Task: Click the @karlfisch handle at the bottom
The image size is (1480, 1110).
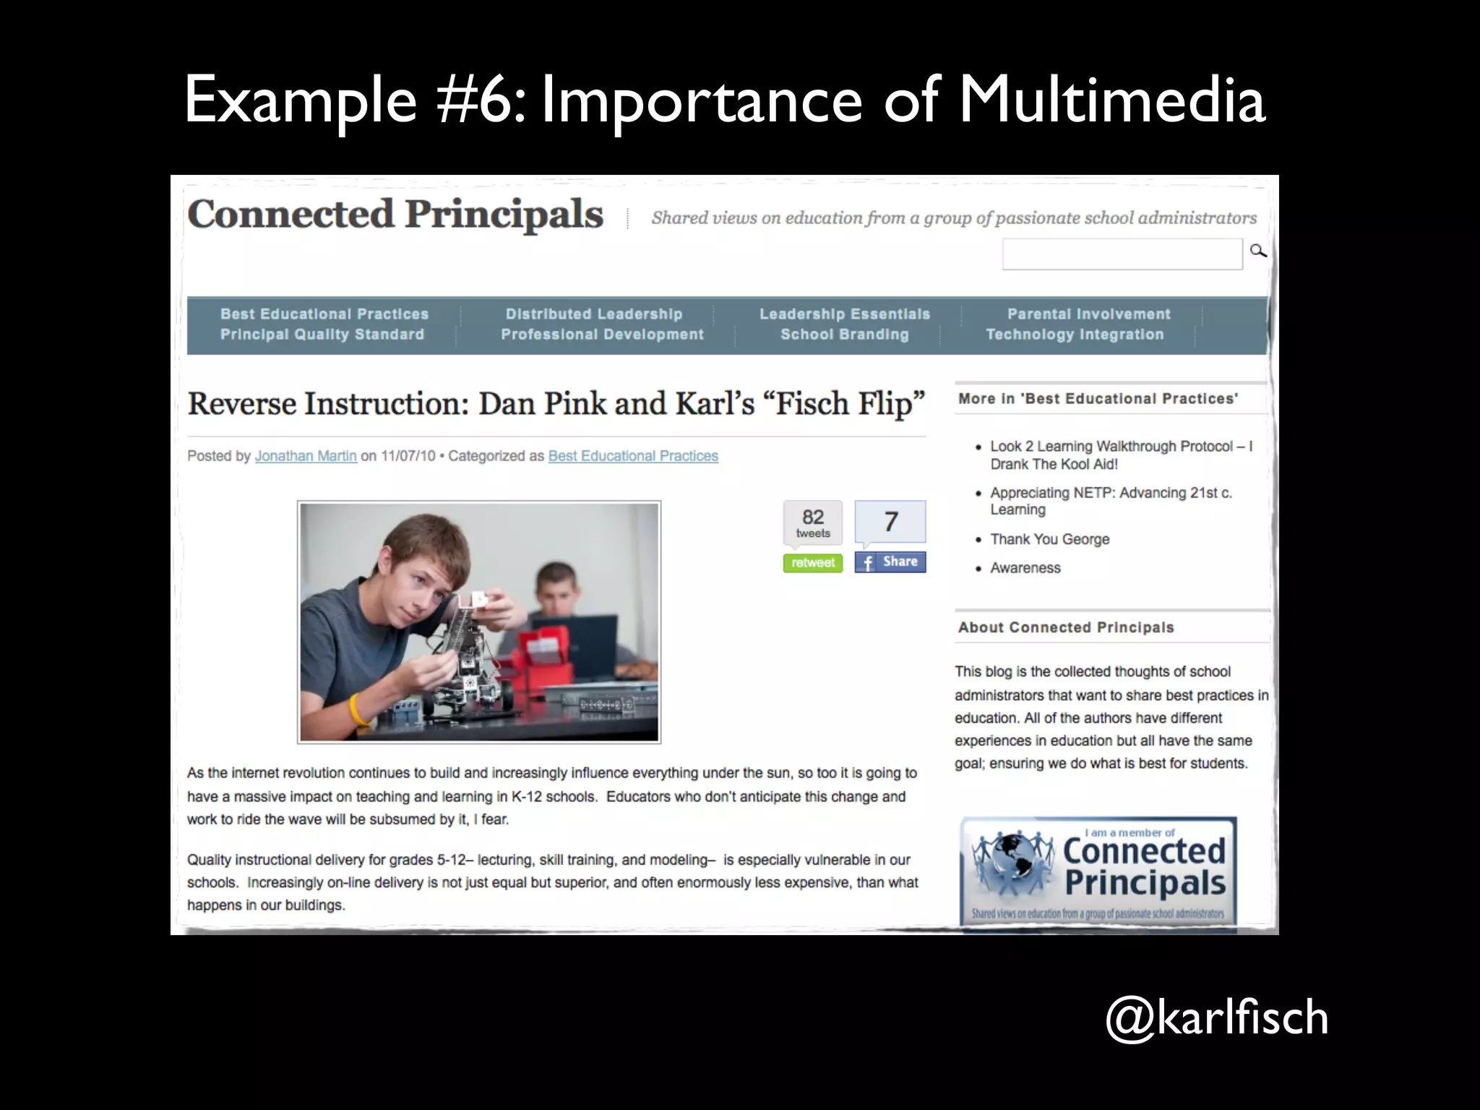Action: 1217,1017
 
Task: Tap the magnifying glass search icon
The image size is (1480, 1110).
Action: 1258,251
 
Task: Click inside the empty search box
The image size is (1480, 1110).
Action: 1122,254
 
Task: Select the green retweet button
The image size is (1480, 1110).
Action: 812,563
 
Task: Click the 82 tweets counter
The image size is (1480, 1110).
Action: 813,522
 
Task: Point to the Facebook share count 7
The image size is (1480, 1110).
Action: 890,521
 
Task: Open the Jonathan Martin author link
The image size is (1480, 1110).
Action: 306,456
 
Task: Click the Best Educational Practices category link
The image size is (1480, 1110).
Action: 633,456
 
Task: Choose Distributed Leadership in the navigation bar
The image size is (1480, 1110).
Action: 593,314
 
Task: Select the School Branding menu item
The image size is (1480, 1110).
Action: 844,335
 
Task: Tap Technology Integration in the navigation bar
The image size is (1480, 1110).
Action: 1075,335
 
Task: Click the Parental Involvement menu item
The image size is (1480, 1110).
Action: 1088,314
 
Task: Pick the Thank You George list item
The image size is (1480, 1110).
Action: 1049,539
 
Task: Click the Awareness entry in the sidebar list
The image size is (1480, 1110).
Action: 1025,568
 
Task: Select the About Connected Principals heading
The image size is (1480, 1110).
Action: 1066,627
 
